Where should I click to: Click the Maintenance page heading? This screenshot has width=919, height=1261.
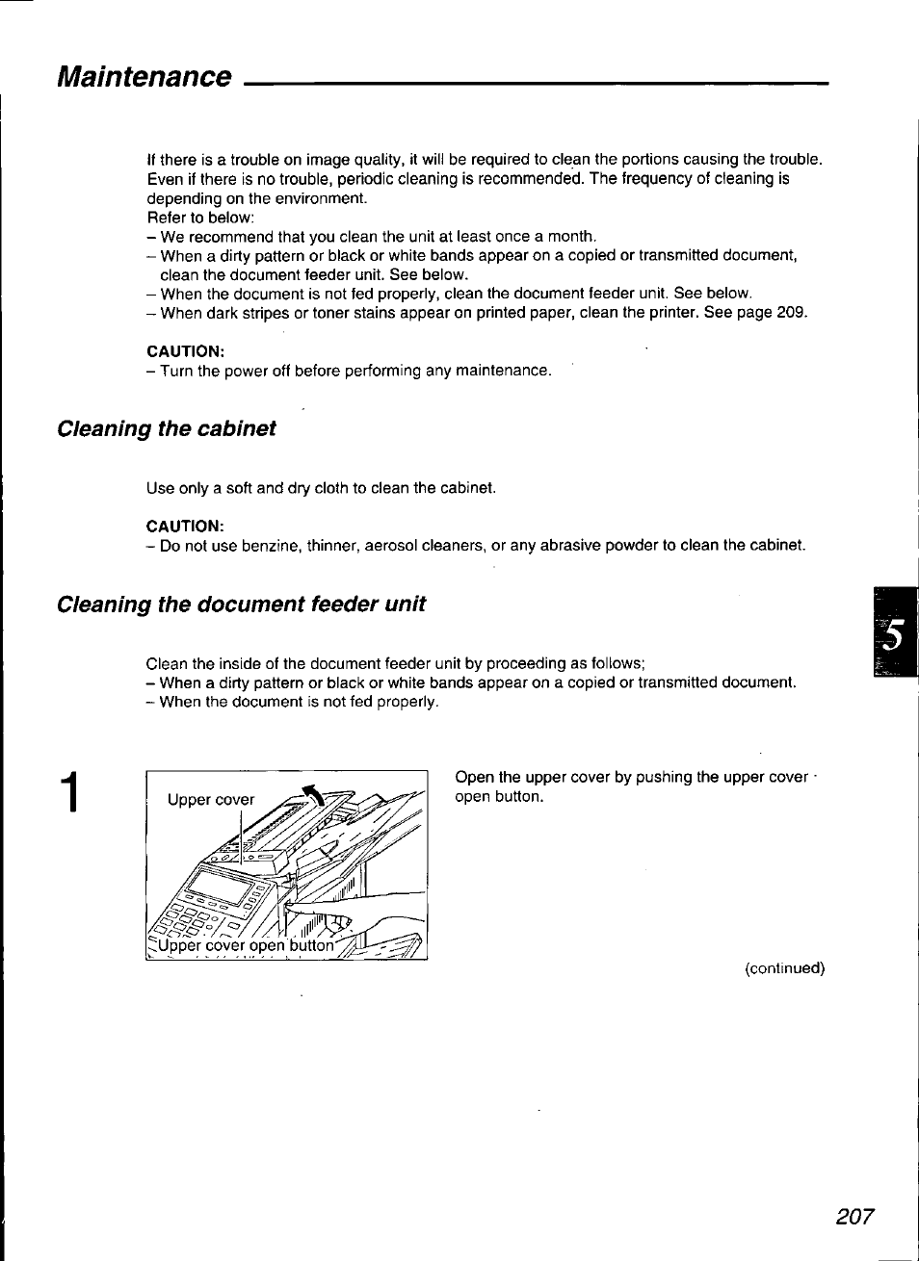click(144, 77)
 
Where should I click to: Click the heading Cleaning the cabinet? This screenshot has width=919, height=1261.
click(167, 428)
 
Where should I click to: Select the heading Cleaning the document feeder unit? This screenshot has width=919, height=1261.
click(241, 605)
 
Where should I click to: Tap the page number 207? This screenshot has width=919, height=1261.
click(854, 1217)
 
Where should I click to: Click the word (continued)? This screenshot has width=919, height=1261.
click(784, 968)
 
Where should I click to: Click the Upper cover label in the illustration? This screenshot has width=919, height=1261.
click(211, 800)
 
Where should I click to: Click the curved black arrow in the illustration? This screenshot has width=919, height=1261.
click(314, 795)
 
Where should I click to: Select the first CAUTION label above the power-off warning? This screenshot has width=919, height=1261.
click(185, 351)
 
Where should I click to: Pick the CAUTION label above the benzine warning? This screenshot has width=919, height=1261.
click(185, 526)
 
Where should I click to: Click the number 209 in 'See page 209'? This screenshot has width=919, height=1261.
click(791, 313)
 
